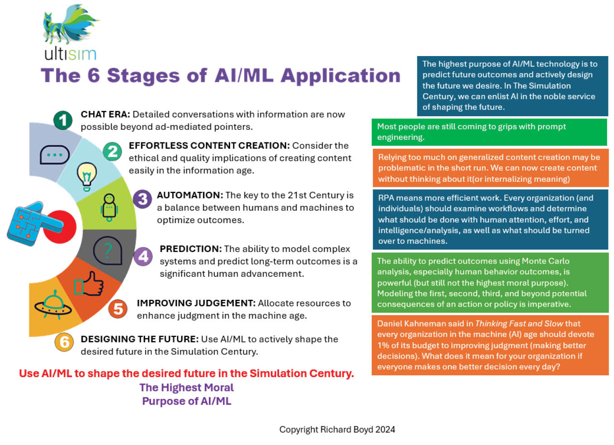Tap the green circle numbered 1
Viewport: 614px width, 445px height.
point(63,120)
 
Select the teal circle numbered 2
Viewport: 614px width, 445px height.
point(113,151)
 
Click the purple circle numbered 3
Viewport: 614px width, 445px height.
point(142,199)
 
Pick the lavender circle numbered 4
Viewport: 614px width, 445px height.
point(143,256)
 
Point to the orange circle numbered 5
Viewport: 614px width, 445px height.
point(118,309)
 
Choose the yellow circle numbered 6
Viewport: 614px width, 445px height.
point(64,342)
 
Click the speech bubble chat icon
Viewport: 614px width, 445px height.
point(54,155)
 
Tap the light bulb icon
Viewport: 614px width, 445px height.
point(87,175)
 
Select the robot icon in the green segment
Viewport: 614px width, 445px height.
point(109,207)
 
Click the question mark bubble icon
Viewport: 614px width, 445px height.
point(108,250)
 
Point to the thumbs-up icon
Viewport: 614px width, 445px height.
point(90,284)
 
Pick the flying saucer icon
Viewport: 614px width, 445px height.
point(53,304)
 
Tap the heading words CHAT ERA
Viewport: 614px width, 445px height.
point(105,114)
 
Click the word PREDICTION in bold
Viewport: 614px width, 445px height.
point(190,249)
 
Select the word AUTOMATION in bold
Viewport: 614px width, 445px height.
point(190,195)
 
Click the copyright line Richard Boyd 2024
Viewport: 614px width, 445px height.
point(337,430)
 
